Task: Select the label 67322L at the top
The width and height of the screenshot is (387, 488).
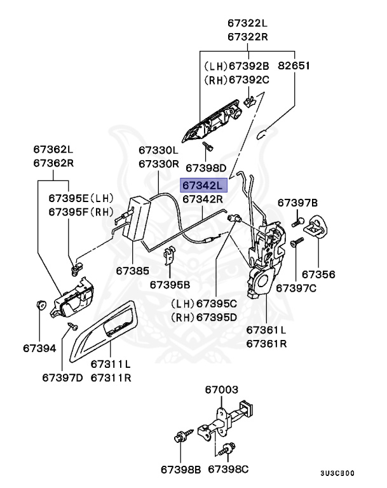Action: point(248,24)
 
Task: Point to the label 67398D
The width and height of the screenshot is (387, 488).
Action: point(205,168)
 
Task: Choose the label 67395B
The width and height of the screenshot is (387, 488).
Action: point(170,285)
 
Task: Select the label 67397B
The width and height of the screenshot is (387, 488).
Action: point(297,203)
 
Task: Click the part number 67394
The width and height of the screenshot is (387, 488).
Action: point(39,348)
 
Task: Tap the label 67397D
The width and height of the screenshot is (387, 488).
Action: point(62,377)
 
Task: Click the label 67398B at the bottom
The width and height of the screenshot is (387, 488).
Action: point(180,469)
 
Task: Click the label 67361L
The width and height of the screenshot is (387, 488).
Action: point(266,330)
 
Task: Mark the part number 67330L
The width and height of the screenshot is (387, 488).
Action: point(159,151)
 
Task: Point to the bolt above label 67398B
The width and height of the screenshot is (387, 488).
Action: point(179,438)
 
